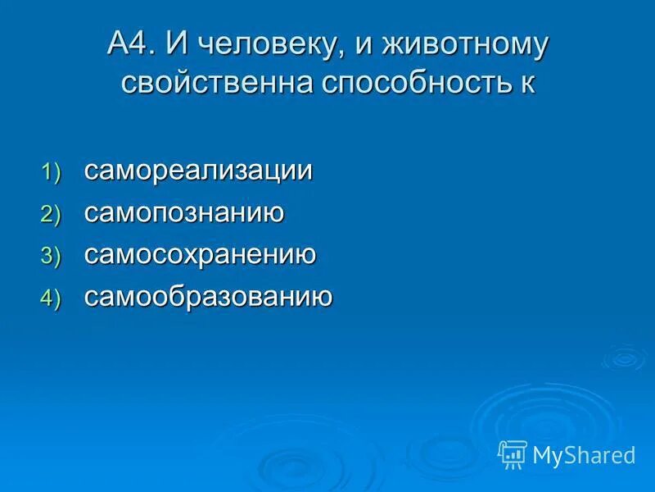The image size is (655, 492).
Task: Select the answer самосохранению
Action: pos(200,255)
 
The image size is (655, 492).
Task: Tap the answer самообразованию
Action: pos(208,297)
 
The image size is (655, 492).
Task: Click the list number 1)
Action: pos(52,173)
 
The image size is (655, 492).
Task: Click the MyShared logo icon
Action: pos(513,454)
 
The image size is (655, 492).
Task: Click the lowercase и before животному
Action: pos(363,46)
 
